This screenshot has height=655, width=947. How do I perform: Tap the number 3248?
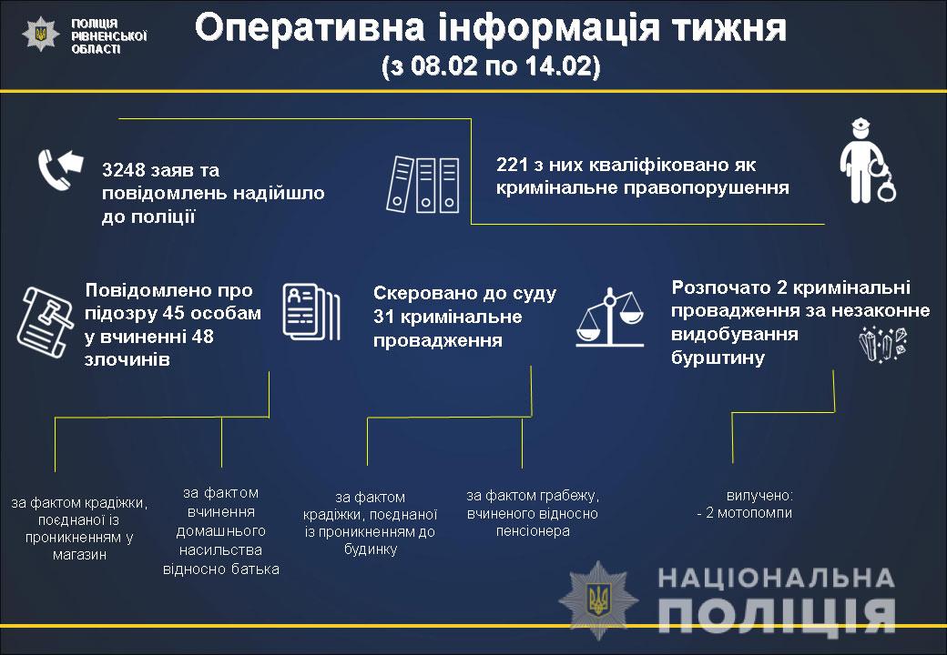point(123,171)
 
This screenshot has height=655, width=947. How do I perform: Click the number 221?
point(511,166)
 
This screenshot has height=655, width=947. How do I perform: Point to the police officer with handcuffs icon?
point(864,161)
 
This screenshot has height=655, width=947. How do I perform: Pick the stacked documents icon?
point(311,312)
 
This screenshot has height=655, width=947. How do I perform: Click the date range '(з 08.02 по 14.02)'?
point(491,68)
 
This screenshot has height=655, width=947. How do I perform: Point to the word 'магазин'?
point(79,554)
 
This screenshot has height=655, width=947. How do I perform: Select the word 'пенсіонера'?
point(533,530)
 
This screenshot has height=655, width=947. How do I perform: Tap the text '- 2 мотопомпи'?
point(744,513)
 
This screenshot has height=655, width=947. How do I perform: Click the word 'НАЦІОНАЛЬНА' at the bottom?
point(775,578)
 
